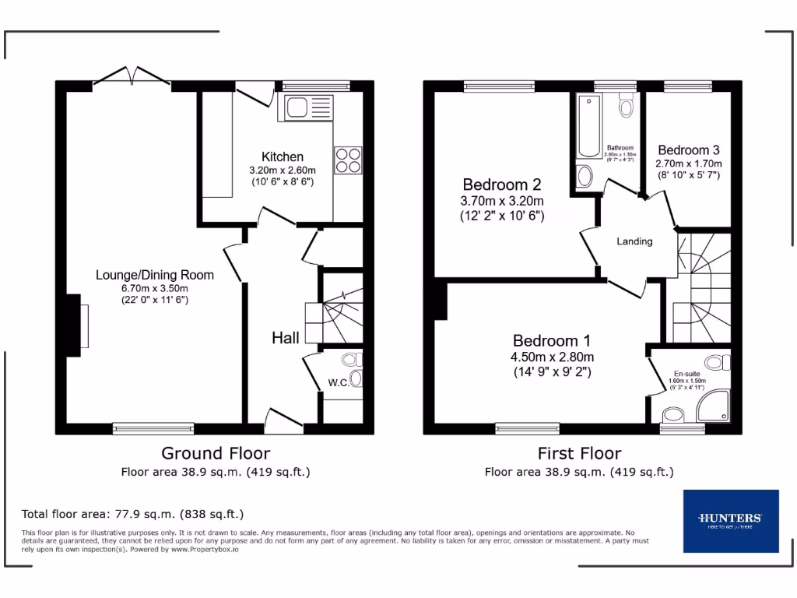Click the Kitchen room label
(x=282, y=157)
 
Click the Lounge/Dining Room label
(x=154, y=275)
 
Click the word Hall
(x=286, y=338)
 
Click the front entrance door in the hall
(x=283, y=420)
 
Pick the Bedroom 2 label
(x=501, y=185)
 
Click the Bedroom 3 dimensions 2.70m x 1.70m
(x=689, y=164)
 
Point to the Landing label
(x=634, y=241)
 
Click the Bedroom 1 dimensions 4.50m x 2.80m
(x=552, y=357)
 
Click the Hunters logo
(x=730, y=520)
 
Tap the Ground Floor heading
(x=216, y=453)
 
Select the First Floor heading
(x=579, y=453)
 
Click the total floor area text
(x=132, y=514)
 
